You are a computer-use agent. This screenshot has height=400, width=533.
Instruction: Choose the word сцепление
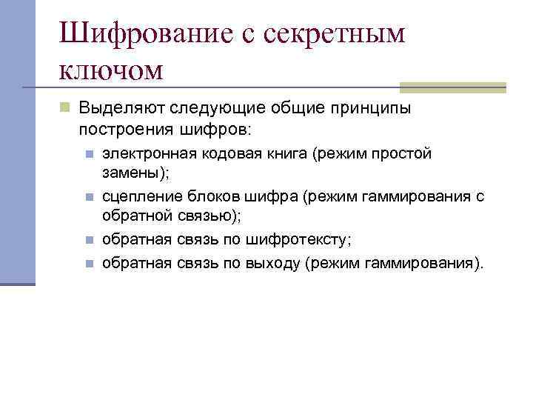[x=139, y=196]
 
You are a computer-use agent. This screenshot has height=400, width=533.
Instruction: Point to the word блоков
[x=208, y=196]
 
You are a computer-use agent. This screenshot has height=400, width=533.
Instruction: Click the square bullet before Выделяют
[x=65, y=108]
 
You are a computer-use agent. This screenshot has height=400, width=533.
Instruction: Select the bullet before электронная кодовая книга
[x=88, y=154]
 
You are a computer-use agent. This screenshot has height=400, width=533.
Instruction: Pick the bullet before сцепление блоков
[x=88, y=197]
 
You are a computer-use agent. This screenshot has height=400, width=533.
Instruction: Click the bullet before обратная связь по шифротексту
[x=88, y=240]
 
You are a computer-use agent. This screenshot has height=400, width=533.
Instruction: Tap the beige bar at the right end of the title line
[x=452, y=87]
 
